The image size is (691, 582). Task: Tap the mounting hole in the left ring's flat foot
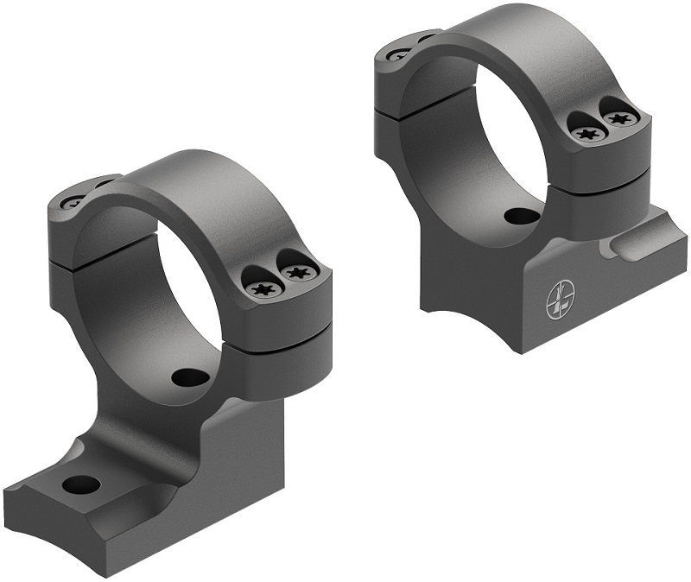coord(82,483)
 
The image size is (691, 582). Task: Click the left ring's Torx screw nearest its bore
coord(259,289)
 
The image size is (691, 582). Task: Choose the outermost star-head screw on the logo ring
coord(621,118)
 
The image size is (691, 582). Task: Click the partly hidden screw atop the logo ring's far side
coord(400,54)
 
